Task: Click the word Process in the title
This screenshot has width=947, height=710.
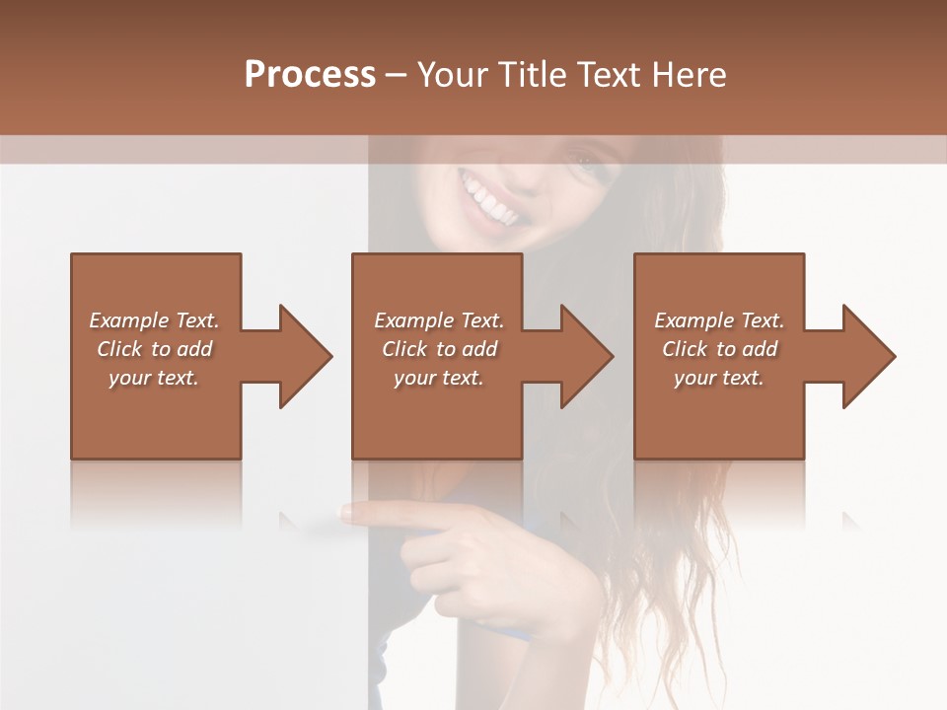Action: point(310,75)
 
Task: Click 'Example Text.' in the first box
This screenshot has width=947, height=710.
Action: point(154,320)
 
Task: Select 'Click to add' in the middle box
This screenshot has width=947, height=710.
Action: point(439,349)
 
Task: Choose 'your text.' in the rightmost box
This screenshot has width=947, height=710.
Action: point(719,378)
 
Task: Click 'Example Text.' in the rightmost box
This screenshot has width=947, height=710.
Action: point(719,320)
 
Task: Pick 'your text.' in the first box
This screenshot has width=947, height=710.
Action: point(154,378)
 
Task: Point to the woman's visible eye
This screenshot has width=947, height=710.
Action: point(584,164)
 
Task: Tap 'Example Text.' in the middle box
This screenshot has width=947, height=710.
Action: point(439,320)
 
